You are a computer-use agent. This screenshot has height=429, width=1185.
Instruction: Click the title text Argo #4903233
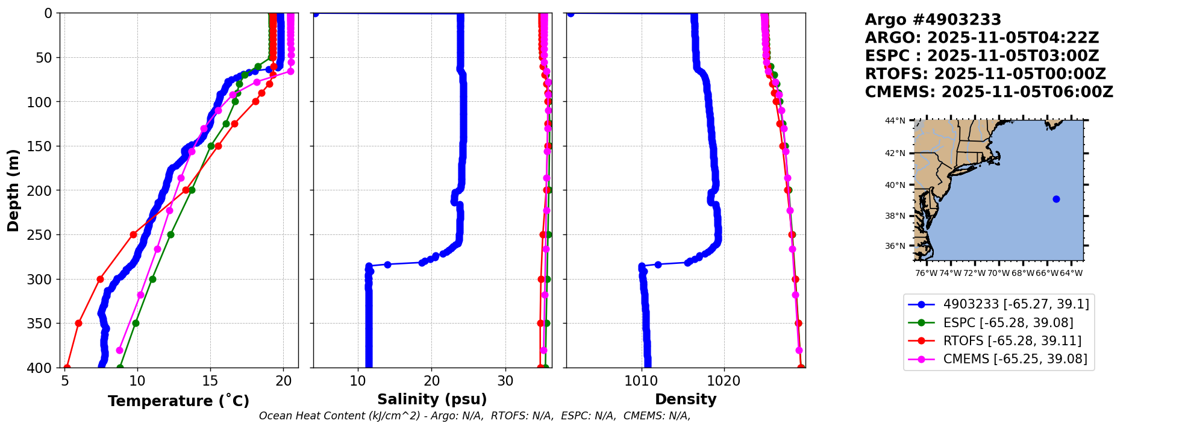(x=933, y=20)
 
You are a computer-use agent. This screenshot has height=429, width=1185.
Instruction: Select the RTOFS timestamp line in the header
(x=985, y=74)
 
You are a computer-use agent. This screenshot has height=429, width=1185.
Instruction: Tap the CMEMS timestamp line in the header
(x=989, y=92)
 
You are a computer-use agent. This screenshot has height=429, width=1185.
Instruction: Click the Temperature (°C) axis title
(x=178, y=401)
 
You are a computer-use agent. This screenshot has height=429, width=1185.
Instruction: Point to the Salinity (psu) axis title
(x=432, y=399)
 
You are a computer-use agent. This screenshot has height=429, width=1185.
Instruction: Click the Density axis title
(x=686, y=399)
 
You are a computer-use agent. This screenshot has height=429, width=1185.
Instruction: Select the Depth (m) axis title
(x=13, y=190)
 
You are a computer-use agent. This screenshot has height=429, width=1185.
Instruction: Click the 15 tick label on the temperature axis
(x=210, y=381)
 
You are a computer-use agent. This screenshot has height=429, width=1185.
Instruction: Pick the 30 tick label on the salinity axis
(x=505, y=381)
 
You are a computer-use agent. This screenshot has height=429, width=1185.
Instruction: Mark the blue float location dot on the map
(x=1056, y=199)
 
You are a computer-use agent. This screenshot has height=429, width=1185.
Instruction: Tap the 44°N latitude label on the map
(x=895, y=121)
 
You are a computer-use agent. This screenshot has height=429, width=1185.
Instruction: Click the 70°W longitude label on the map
(x=998, y=273)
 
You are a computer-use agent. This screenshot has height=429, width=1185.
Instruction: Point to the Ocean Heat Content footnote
(x=475, y=416)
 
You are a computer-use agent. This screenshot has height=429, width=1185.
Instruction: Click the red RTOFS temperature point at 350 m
(x=78, y=323)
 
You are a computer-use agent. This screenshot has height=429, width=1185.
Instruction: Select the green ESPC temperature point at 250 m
(x=170, y=234)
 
